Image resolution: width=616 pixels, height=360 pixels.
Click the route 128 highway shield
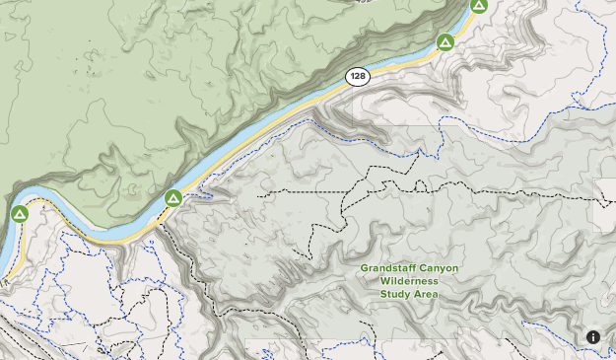(357, 76)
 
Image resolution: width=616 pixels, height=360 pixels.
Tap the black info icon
(593, 337)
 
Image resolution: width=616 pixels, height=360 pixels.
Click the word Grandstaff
(383, 268)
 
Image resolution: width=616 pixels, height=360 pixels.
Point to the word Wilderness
(409, 281)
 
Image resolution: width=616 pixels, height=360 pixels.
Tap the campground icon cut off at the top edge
(478, 5)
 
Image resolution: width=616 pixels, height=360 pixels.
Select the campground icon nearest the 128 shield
(445, 42)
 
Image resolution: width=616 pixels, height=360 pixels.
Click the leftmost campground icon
(19, 214)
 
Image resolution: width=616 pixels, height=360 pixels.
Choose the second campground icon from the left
(173, 198)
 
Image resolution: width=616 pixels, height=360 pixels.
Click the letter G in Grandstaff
(364, 268)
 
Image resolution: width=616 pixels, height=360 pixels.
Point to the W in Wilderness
(384, 281)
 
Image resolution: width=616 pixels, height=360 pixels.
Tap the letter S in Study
(384, 294)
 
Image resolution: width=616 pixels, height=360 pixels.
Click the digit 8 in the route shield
(363, 76)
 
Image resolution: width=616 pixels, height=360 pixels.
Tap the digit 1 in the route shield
(351, 76)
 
